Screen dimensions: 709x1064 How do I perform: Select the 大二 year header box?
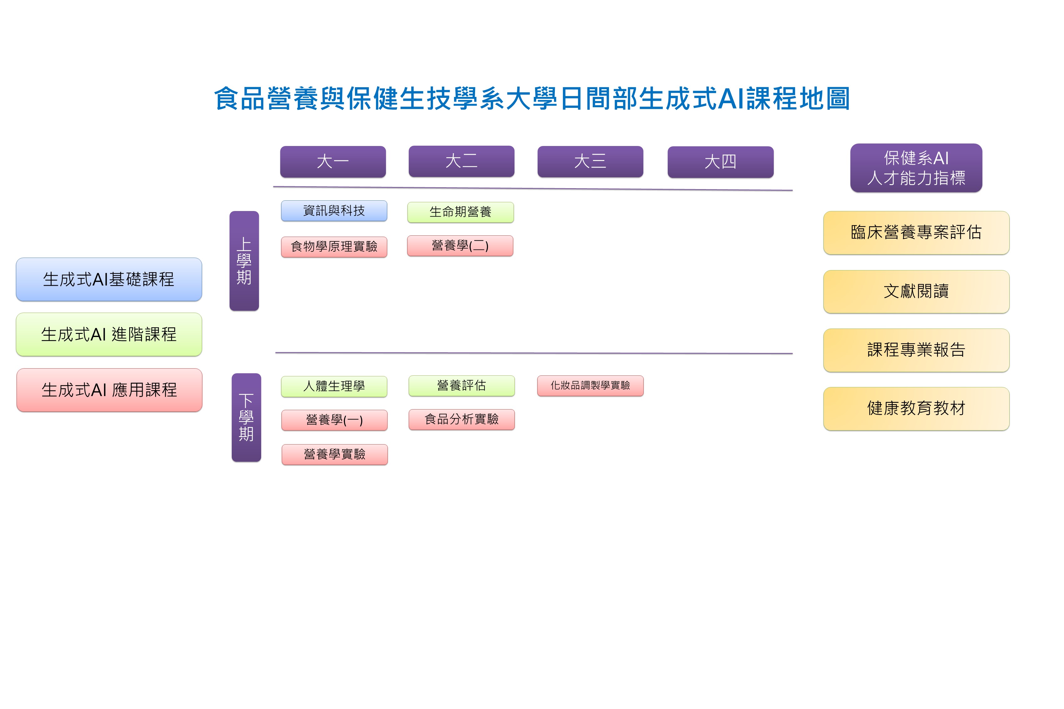pyautogui.click(x=461, y=161)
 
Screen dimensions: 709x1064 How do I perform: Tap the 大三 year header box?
pyautogui.click(x=590, y=161)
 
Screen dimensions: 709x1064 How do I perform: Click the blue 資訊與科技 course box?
pyautogui.click(x=334, y=211)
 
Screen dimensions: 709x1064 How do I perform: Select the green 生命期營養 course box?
pyautogui.click(x=460, y=212)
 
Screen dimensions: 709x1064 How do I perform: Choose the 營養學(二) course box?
pyautogui.click(x=460, y=245)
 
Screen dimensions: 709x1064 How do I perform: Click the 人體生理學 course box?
pyautogui.click(x=334, y=386)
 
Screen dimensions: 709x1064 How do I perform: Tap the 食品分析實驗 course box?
pyautogui.click(x=461, y=419)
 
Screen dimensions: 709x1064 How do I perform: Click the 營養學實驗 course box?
pyautogui.click(x=334, y=454)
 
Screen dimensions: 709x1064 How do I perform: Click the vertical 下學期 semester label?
pyautogui.click(x=246, y=417)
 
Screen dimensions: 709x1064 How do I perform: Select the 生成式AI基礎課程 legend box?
pyautogui.click(x=109, y=279)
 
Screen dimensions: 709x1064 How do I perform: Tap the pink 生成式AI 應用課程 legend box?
pyautogui.click(x=109, y=390)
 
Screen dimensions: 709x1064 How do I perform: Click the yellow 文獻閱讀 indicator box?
pyautogui.click(x=916, y=291)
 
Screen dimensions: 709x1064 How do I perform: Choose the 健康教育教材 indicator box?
pyautogui.click(x=916, y=408)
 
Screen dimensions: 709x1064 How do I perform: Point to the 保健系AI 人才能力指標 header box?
pyautogui.click(x=916, y=168)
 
